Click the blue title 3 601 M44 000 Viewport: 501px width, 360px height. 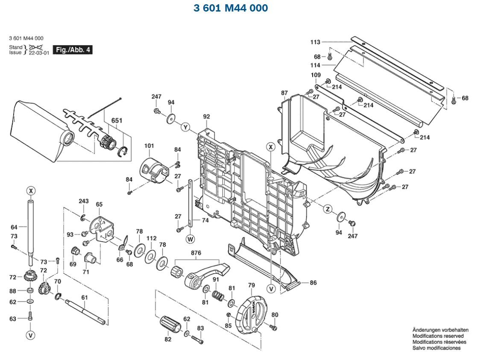(231, 8)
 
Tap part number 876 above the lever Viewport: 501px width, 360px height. (196, 253)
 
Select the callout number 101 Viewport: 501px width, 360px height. (149, 146)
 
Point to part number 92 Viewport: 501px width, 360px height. (207, 116)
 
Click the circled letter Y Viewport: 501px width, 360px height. (185, 127)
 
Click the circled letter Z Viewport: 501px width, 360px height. (328, 209)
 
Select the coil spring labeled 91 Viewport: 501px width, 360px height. (218, 295)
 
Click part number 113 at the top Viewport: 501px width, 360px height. (315, 42)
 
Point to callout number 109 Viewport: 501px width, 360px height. (316, 75)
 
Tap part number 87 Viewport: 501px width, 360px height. (284, 93)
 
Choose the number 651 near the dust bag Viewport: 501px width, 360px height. (116, 120)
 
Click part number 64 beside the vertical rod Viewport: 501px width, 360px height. (14, 227)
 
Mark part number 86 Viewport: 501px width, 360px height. (313, 283)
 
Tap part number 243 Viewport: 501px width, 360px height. (84, 201)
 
